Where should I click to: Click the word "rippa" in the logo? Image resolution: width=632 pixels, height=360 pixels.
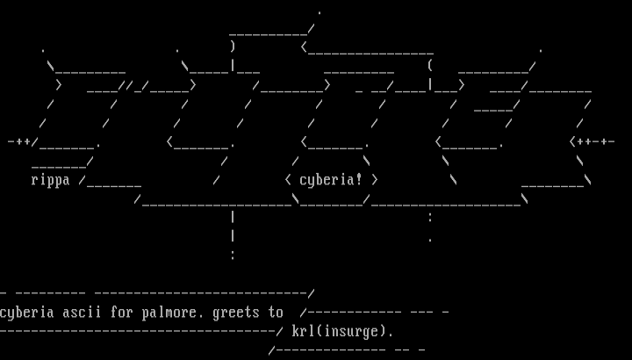pyautogui.click(x=50, y=180)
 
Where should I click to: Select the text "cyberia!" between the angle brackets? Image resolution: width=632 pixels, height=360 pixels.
pyautogui.click(x=331, y=180)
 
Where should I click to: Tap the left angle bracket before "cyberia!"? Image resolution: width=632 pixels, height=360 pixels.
pyautogui.click(x=288, y=180)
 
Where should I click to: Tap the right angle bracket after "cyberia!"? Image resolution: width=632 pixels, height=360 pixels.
pyautogui.click(x=375, y=180)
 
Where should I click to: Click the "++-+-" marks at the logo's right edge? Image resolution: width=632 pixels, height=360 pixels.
pyautogui.click(x=595, y=140)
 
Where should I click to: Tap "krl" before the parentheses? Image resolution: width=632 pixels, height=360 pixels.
pyautogui.click(x=304, y=332)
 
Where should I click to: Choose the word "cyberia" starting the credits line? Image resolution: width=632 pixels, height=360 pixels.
pyautogui.click(x=27, y=313)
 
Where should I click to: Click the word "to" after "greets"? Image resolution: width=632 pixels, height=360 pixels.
pyautogui.click(x=276, y=313)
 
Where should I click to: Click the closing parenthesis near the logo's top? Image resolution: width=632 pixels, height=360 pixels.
pyautogui.click(x=233, y=46)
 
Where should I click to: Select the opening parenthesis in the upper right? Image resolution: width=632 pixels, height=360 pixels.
pyautogui.click(x=430, y=65)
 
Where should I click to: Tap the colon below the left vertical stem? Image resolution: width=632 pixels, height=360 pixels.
pyautogui.click(x=233, y=255)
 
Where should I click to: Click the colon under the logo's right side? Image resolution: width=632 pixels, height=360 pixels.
pyautogui.click(x=430, y=217)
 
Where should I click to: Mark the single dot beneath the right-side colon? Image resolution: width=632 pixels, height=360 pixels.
pyautogui.click(x=430, y=240)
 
